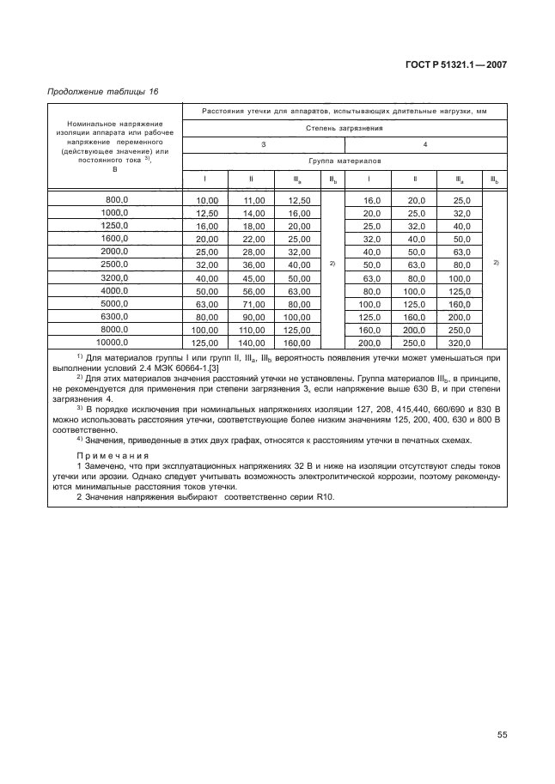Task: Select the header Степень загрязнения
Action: pyautogui.click(x=345, y=128)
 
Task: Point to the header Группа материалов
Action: pyautogui.click(x=345, y=161)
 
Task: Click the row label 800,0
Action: pyautogui.click(x=114, y=199)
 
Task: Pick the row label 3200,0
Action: pyautogui.click(x=114, y=277)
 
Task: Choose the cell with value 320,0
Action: pyautogui.click(x=462, y=343)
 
